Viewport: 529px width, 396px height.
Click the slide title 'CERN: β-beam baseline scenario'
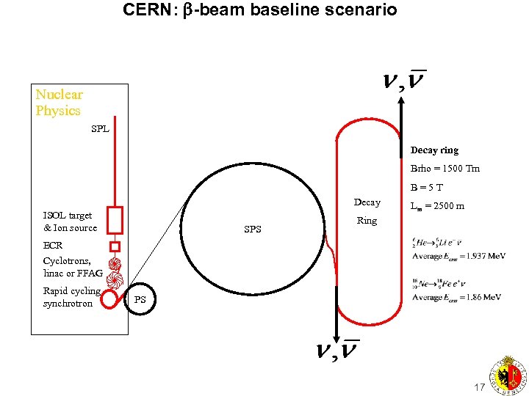tap(260, 10)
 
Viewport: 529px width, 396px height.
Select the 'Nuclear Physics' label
tap(60, 103)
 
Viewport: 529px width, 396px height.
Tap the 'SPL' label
tap(100, 129)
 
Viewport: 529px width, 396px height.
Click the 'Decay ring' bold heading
tap(434, 150)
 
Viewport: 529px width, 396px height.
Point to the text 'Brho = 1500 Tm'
tap(445, 169)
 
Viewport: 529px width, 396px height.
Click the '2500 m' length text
tap(448, 207)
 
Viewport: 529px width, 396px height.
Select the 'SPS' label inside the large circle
tap(253, 230)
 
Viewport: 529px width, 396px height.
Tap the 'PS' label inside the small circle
tap(140, 299)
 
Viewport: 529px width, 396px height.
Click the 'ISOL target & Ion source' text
tap(70, 221)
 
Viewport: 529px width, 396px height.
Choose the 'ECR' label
tap(53, 246)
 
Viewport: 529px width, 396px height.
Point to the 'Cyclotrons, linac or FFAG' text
tap(73, 267)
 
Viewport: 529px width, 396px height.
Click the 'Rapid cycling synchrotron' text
tap(71, 297)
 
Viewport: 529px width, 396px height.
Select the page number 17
tap(480, 386)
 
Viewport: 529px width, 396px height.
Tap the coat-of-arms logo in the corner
tap(506, 375)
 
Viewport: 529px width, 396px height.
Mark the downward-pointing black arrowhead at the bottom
tap(337, 334)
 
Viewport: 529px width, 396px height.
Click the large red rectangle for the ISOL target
tap(114, 219)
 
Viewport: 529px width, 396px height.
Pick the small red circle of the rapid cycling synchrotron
tap(109, 298)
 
